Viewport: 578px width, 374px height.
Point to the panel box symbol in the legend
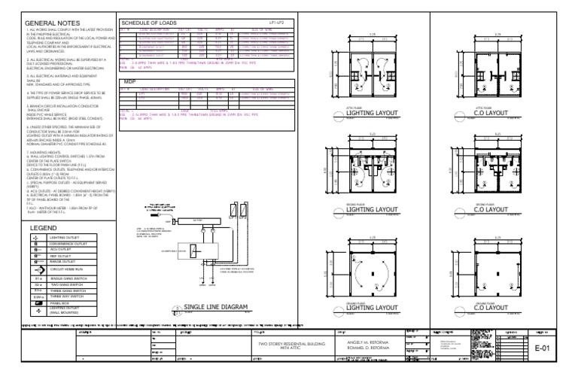(37, 303)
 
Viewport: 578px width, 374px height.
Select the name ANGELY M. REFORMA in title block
(365, 343)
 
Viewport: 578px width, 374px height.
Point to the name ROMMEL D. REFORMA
(365, 348)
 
